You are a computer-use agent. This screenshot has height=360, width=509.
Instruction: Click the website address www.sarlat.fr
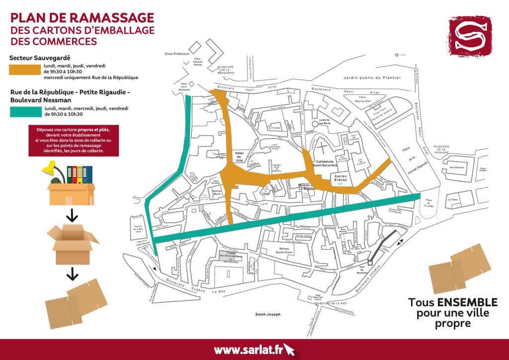point(249,350)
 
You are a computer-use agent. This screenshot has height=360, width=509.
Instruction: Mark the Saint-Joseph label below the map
point(268,314)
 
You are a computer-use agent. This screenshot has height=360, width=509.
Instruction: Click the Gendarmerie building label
point(457,168)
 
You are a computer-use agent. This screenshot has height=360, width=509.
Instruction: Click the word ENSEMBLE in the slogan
point(467,303)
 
